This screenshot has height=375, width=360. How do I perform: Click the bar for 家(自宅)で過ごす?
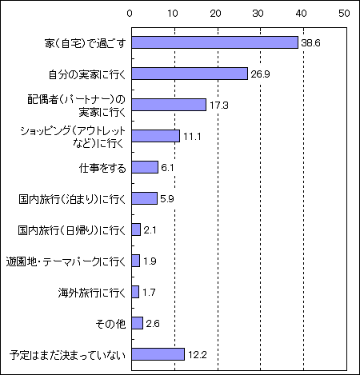coord(214,42)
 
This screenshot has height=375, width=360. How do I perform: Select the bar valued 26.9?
coord(190,74)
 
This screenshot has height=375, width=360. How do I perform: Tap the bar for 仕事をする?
coord(145,167)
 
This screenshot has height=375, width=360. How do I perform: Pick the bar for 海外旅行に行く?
coord(135,292)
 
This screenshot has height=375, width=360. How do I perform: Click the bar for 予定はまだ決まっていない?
coord(158,354)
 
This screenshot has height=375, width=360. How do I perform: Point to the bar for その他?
coord(137,323)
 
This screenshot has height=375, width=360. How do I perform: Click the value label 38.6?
coord(310,43)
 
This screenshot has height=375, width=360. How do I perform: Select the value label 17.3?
coord(219,106)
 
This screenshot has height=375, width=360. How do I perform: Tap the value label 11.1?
coord(192,137)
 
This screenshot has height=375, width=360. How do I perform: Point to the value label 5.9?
coord(167,199)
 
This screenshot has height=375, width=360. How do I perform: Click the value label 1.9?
coord(150,261)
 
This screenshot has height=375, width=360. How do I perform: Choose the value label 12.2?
coord(198,355)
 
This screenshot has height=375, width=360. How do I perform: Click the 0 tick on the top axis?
coord(130,14)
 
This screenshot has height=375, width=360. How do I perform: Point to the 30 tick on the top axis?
coord(258,14)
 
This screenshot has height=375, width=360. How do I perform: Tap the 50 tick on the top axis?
coord(344,14)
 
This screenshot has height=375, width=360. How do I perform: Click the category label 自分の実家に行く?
coord(87,74)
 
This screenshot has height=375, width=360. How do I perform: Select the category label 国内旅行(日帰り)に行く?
coord(72,230)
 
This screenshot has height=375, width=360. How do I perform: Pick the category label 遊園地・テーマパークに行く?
coord(66,261)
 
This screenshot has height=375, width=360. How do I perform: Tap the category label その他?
coord(110,324)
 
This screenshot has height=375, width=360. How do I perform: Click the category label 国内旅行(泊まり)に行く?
coord(72,199)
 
